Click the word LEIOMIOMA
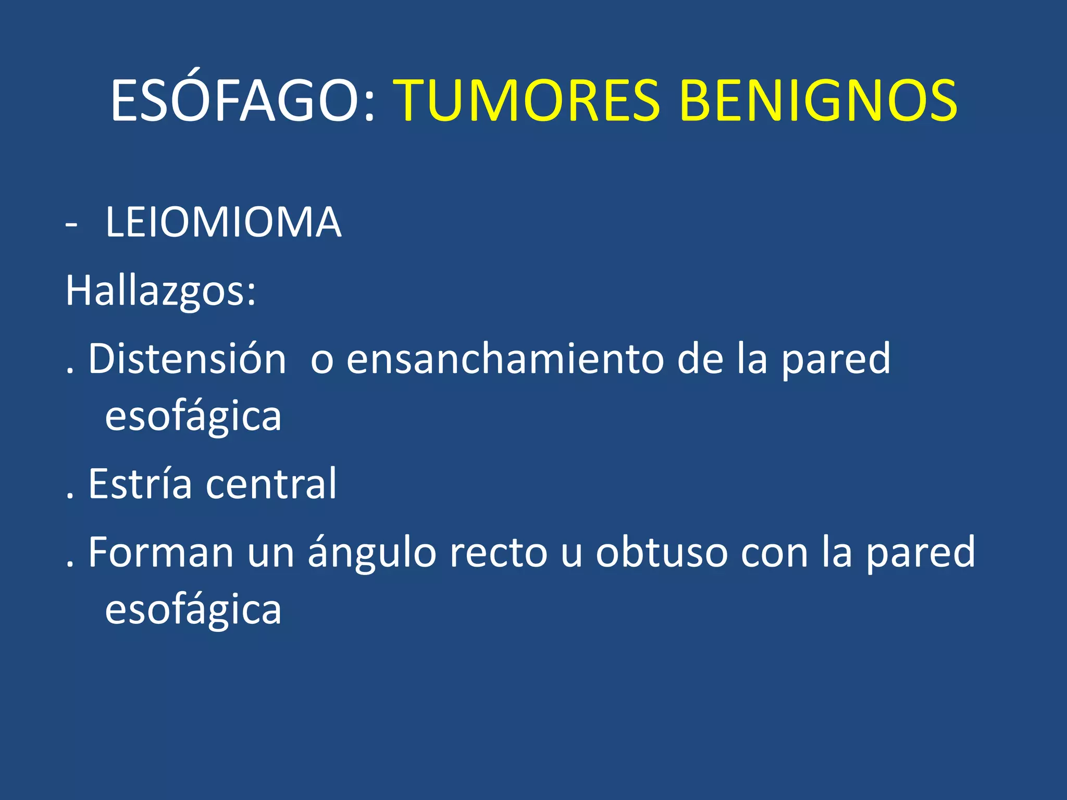click(x=223, y=223)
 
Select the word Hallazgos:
click(x=161, y=292)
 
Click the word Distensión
click(x=187, y=359)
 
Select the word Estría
click(x=140, y=484)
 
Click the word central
click(x=271, y=484)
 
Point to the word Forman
click(x=160, y=553)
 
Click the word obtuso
click(x=662, y=553)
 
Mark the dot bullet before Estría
click(x=70, y=498)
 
